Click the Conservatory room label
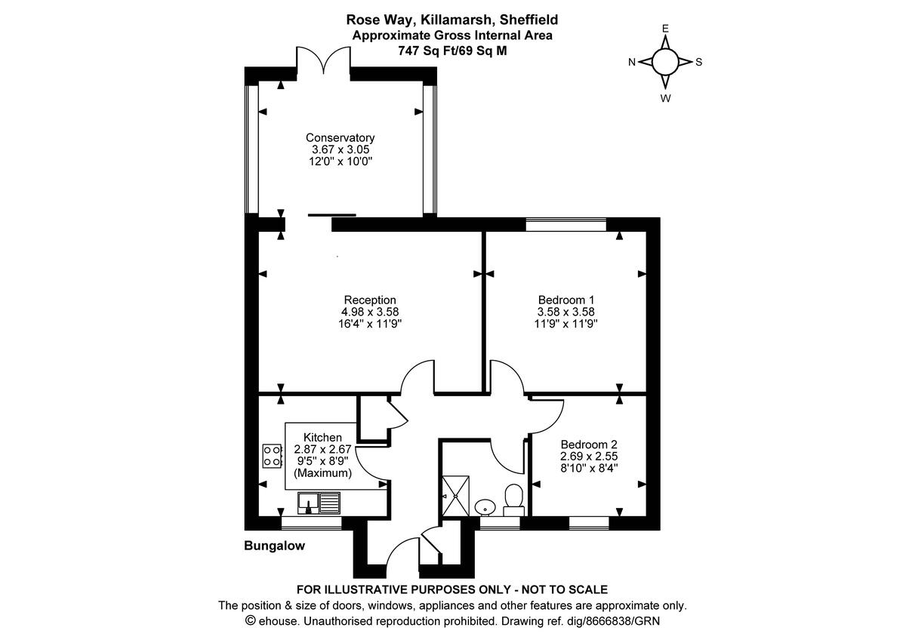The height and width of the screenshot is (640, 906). tap(340, 138)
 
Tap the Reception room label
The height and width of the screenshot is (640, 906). tap(370, 300)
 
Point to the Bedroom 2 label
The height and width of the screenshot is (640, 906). tap(589, 445)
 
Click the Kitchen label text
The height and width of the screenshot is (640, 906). tap(322, 438)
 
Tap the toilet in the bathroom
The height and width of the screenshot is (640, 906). tap(514, 499)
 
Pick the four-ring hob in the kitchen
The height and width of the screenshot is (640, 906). tap(271, 456)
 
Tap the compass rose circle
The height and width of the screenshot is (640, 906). tap(665, 63)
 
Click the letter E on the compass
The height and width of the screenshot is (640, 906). tap(665, 29)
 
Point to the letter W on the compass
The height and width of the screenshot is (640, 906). tap(665, 98)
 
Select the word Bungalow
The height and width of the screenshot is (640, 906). tap(275, 546)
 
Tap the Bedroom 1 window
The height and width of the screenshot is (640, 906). tap(566, 224)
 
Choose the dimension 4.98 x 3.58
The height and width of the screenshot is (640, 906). tap(370, 311)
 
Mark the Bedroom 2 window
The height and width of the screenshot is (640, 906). tap(589, 522)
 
